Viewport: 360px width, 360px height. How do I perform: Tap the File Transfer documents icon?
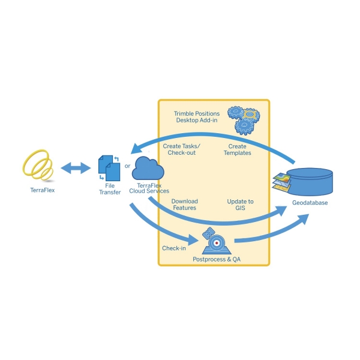tap(108, 168)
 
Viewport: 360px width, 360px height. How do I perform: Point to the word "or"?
tap(127, 166)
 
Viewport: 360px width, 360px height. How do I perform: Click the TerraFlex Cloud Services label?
tap(149, 188)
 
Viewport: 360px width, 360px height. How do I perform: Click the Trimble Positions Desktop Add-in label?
tap(197, 116)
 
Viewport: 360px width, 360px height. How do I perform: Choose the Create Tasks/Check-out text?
tap(182, 149)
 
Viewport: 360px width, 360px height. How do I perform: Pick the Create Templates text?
tap(238, 149)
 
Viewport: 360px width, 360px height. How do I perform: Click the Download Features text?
tap(184, 204)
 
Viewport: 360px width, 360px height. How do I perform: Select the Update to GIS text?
tap(240, 204)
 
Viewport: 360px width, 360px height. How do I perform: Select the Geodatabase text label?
tap(310, 203)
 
